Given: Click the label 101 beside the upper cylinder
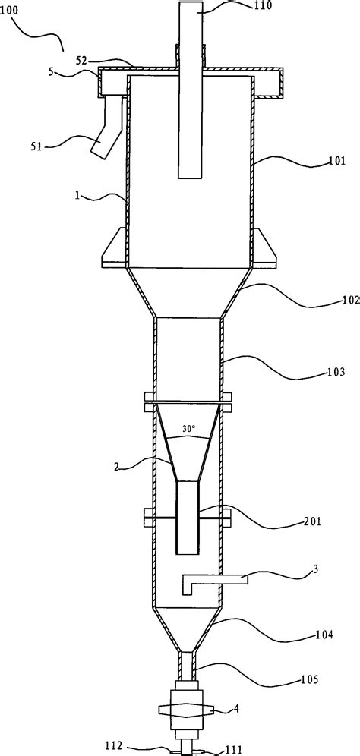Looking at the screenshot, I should (x=336, y=160).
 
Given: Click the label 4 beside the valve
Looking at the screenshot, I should (x=236, y=710).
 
